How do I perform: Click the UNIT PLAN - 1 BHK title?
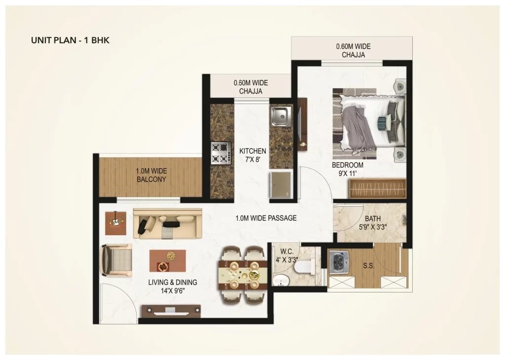pos(70,40)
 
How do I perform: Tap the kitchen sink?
pos(280,116)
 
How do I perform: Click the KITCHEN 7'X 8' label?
pos(252,155)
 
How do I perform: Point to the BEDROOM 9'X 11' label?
pos(347,169)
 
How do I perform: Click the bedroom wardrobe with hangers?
pos(377,188)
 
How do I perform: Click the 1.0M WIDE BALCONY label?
pos(151,175)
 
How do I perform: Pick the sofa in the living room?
pos(167,223)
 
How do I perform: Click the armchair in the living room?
pos(116,260)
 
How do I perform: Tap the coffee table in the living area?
pos(168,261)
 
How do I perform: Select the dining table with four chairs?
pos(243,274)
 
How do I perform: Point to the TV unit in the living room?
pos(171,311)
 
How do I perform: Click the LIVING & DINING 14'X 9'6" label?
pos(173,287)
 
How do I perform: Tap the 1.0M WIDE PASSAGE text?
pos(266,217)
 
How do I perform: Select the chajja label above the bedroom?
pos(353,50)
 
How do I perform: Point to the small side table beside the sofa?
pos(115,223)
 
